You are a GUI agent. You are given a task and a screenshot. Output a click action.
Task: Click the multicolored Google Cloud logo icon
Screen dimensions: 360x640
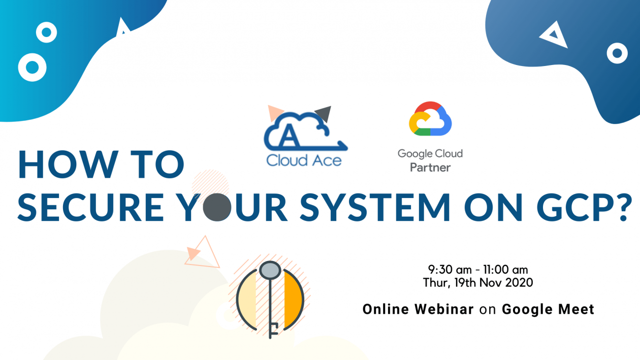tap(430, 119)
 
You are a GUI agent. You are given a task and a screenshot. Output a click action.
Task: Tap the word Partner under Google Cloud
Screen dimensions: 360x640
tap(430, 167)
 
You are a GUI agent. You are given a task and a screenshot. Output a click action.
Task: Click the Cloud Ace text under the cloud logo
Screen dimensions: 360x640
tap(304, 161)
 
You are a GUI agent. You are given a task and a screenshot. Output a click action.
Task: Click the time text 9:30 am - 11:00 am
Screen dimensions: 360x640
tap(478, 269)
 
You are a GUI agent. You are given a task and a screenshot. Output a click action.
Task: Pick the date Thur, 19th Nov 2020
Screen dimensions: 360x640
tap(478, 283)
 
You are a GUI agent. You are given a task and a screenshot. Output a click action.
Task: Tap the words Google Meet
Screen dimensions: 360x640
tap(548, 309)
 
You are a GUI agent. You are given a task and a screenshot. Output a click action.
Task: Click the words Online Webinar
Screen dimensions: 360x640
tap(418, 309)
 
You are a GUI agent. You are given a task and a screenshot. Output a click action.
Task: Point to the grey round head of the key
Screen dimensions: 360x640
tap(270, 269)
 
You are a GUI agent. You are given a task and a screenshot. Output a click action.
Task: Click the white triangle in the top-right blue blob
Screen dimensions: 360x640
tap(554, 36)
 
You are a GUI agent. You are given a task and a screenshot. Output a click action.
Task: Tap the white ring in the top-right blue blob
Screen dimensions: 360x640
tap(617, 53)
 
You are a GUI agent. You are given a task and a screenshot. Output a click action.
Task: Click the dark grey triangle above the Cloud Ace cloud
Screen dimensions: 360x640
tap(324, 114)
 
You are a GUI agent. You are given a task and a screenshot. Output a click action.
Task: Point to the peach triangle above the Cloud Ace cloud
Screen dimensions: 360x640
tap(273, 113)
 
